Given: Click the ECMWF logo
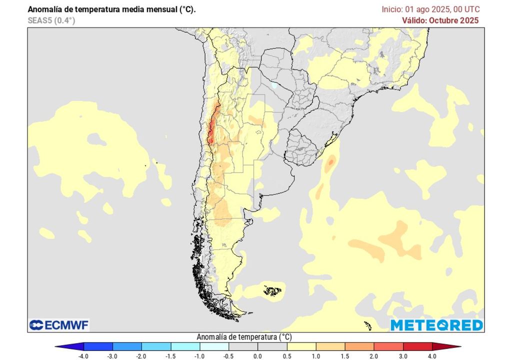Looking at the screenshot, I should click(59, 325).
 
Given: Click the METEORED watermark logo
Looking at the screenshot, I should click(436, 325).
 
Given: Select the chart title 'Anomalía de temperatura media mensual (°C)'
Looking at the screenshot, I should click(111, 9).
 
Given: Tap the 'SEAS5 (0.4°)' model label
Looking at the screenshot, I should click(51, 20).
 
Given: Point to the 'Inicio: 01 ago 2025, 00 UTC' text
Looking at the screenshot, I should click(430, 9).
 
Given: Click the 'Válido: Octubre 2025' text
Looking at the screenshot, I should click(440, 20).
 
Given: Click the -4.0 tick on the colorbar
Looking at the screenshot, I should click(84, 355).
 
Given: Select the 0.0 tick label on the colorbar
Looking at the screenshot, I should click(257, 355).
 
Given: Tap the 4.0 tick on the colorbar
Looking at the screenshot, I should click(432, 355).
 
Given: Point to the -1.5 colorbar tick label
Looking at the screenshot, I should click(171, 355).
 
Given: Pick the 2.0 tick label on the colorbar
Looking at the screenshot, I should click(374, 355).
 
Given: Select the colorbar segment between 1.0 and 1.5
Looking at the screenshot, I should click(330, 346).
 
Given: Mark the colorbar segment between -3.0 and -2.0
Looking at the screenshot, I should click(127, 346).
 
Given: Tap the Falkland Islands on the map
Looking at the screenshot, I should click(272, 290).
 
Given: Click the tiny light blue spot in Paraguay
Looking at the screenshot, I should click(273, 85).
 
